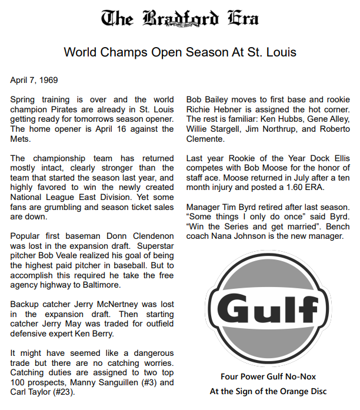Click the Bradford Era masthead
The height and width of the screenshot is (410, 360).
click(180, 19)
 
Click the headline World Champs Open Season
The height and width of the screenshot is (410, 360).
click(180, 52)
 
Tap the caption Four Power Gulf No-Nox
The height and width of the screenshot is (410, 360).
click(268, 376)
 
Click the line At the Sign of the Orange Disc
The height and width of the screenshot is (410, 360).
click(268, 391)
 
